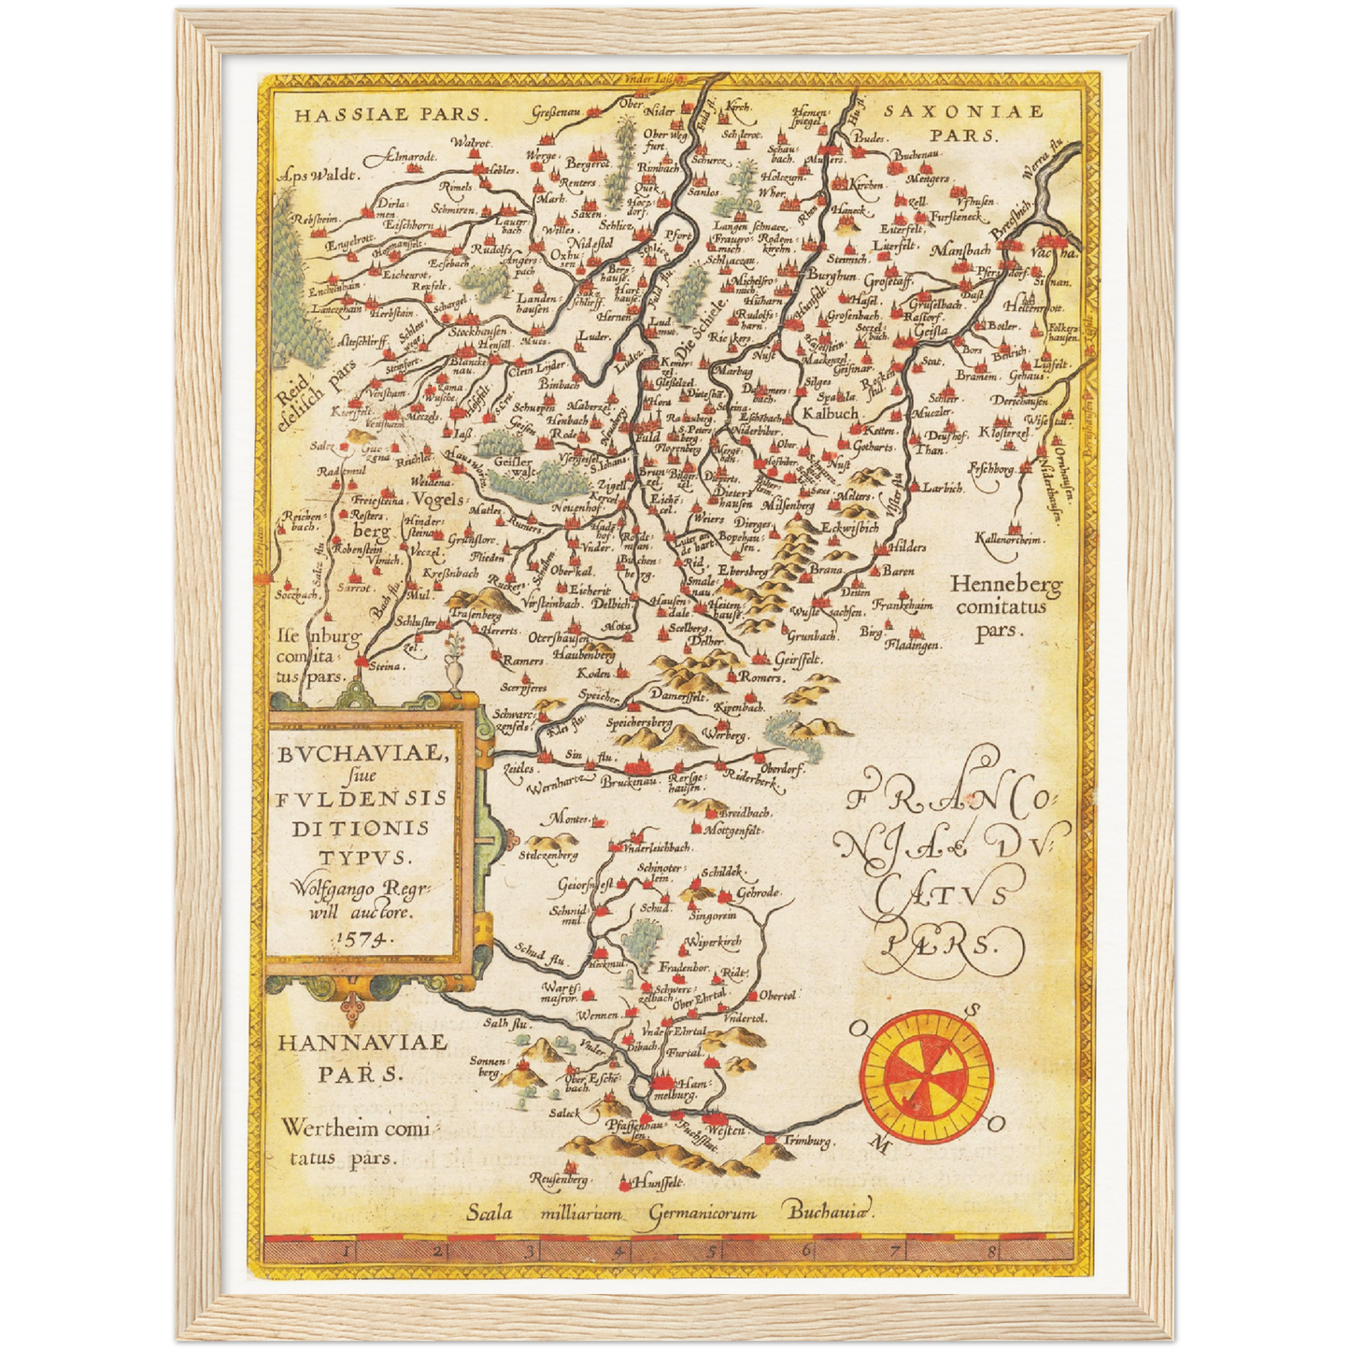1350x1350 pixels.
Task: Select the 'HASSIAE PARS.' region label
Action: pyautogui.click(x=390, y=115)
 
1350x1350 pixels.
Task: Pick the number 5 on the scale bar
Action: pyautogui.click(x=712, y=1249)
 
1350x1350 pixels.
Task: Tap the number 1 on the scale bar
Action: pyautogui.click(x=347, y=1249)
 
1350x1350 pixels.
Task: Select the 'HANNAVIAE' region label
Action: pyautogui.click(x=362, y=1042)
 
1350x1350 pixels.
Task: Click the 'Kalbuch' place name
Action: pyautogui.click(x=830, y=412)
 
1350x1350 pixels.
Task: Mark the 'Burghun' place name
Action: pyautogui.click(x=831, y=277)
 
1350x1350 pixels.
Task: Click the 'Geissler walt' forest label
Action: pyautogui.click(x=513, y=467)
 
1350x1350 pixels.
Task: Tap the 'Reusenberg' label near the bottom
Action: pyautogui.click(x=558, y=1180)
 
